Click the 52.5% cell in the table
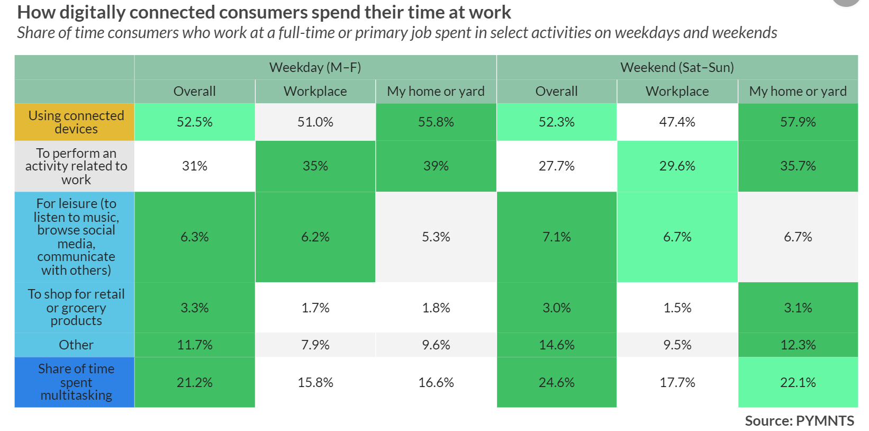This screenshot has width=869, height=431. click(194, 122)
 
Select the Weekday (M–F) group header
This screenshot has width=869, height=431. click(315, 67)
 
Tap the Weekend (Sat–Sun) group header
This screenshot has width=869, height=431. click(677, 67)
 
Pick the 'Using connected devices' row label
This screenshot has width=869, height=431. click(76, 122)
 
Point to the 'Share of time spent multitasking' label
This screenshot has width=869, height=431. click(76, 382)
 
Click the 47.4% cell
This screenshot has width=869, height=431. click(677, 122)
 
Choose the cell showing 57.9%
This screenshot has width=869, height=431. click(798, 122)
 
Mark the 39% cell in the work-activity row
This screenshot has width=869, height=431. click(436, 166)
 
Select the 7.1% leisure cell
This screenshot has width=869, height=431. click(556, 237)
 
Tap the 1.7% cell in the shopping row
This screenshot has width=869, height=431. click(315, 308)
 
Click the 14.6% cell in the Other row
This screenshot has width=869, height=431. click(556, 345)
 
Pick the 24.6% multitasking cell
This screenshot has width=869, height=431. click(556, 382)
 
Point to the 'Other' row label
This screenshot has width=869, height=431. click(76, 345)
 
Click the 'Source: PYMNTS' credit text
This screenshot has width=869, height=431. click(799, 420)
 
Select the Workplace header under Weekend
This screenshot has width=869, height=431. click(677, 91)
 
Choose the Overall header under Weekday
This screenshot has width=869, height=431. click(194, 91)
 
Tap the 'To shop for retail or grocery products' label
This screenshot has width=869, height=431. click(76, 307)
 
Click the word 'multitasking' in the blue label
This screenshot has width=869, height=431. click(76, 395)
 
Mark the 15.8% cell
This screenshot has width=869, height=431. click(315, 382)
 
